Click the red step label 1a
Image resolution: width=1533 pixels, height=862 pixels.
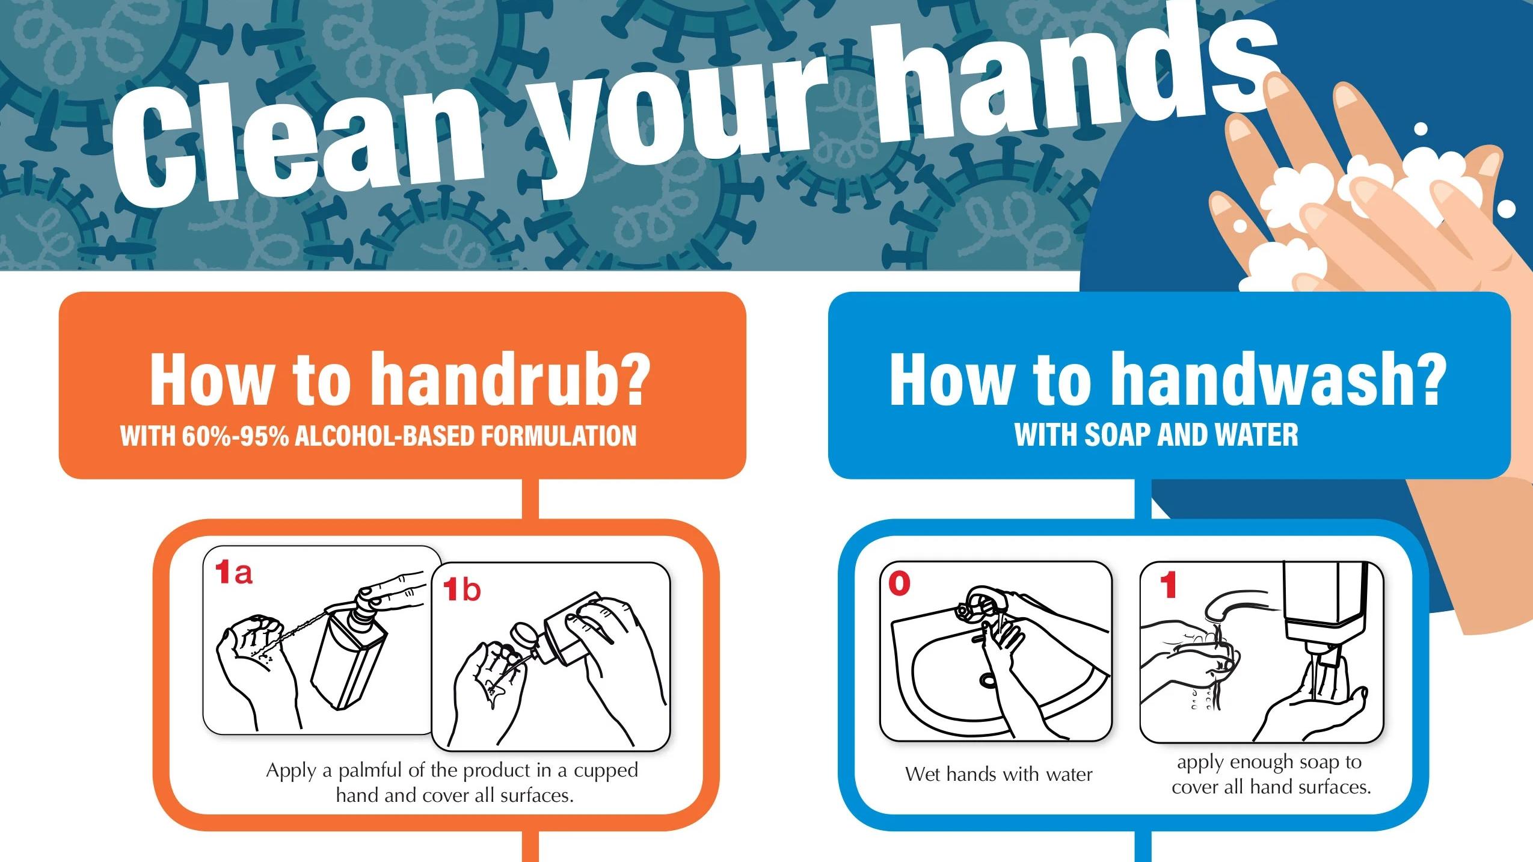pos(234,572)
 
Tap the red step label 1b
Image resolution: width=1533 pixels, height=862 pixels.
pos(462,590)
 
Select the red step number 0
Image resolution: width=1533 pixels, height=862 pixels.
pos(899,583)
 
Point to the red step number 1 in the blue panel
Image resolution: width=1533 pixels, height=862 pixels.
pos(1168,585)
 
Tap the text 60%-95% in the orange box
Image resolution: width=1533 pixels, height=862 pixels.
pos(235,436)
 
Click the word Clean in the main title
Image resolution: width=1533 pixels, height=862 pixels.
pos(298,144)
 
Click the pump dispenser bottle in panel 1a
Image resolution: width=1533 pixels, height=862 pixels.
pos(349,650)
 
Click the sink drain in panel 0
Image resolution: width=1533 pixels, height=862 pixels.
pos(988,680)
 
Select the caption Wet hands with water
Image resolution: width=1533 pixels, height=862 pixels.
pos(999,774)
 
